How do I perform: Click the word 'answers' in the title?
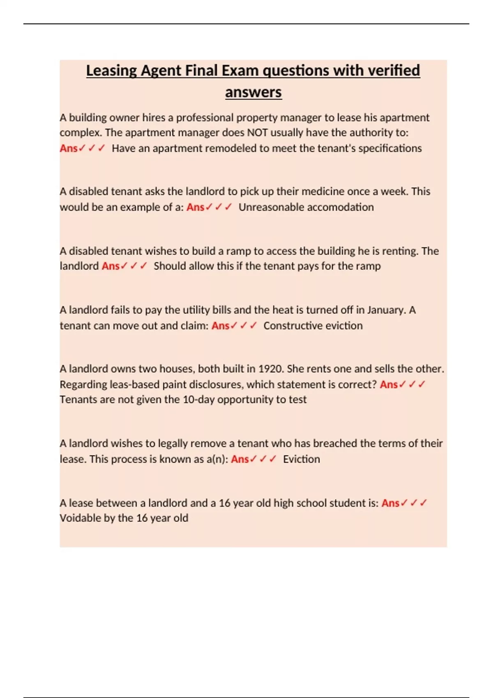tap(253, 92)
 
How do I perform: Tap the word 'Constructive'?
tap(293, 326)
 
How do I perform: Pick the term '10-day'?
tap(198, 400)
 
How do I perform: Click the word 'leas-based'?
tap(134, 384)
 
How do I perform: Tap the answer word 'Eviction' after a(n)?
tap(301, 459)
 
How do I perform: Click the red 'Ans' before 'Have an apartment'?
tap(69, 148)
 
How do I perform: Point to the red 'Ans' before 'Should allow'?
tap(111, 266)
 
